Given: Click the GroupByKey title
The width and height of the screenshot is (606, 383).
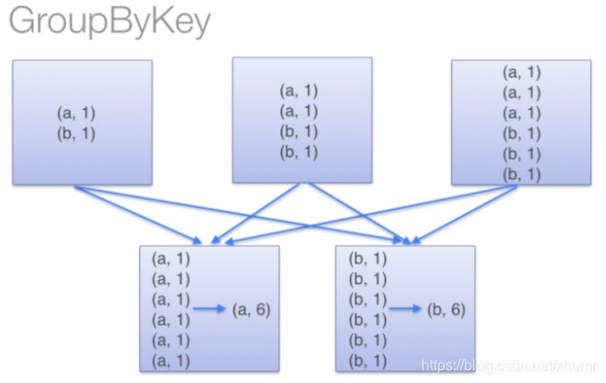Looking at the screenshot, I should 110,21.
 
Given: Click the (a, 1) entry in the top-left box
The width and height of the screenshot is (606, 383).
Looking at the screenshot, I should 76,113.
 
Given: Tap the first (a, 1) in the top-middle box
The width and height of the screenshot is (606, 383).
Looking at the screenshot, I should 298,91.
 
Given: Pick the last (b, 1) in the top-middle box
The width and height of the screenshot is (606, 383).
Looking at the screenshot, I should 298,151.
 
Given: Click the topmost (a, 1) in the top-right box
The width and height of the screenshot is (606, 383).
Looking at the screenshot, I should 522,71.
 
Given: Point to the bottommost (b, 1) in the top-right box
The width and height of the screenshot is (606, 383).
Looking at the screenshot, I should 522,173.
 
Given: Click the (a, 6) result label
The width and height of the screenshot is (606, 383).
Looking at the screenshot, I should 251,310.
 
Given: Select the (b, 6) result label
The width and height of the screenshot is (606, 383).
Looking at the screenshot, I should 446,310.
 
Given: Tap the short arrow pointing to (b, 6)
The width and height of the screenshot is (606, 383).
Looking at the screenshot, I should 406,310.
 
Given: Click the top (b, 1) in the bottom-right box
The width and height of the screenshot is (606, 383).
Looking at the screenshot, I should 367,259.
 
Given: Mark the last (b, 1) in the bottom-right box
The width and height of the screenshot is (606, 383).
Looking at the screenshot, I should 367,360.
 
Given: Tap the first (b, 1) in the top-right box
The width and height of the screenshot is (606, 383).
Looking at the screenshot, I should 522,132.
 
